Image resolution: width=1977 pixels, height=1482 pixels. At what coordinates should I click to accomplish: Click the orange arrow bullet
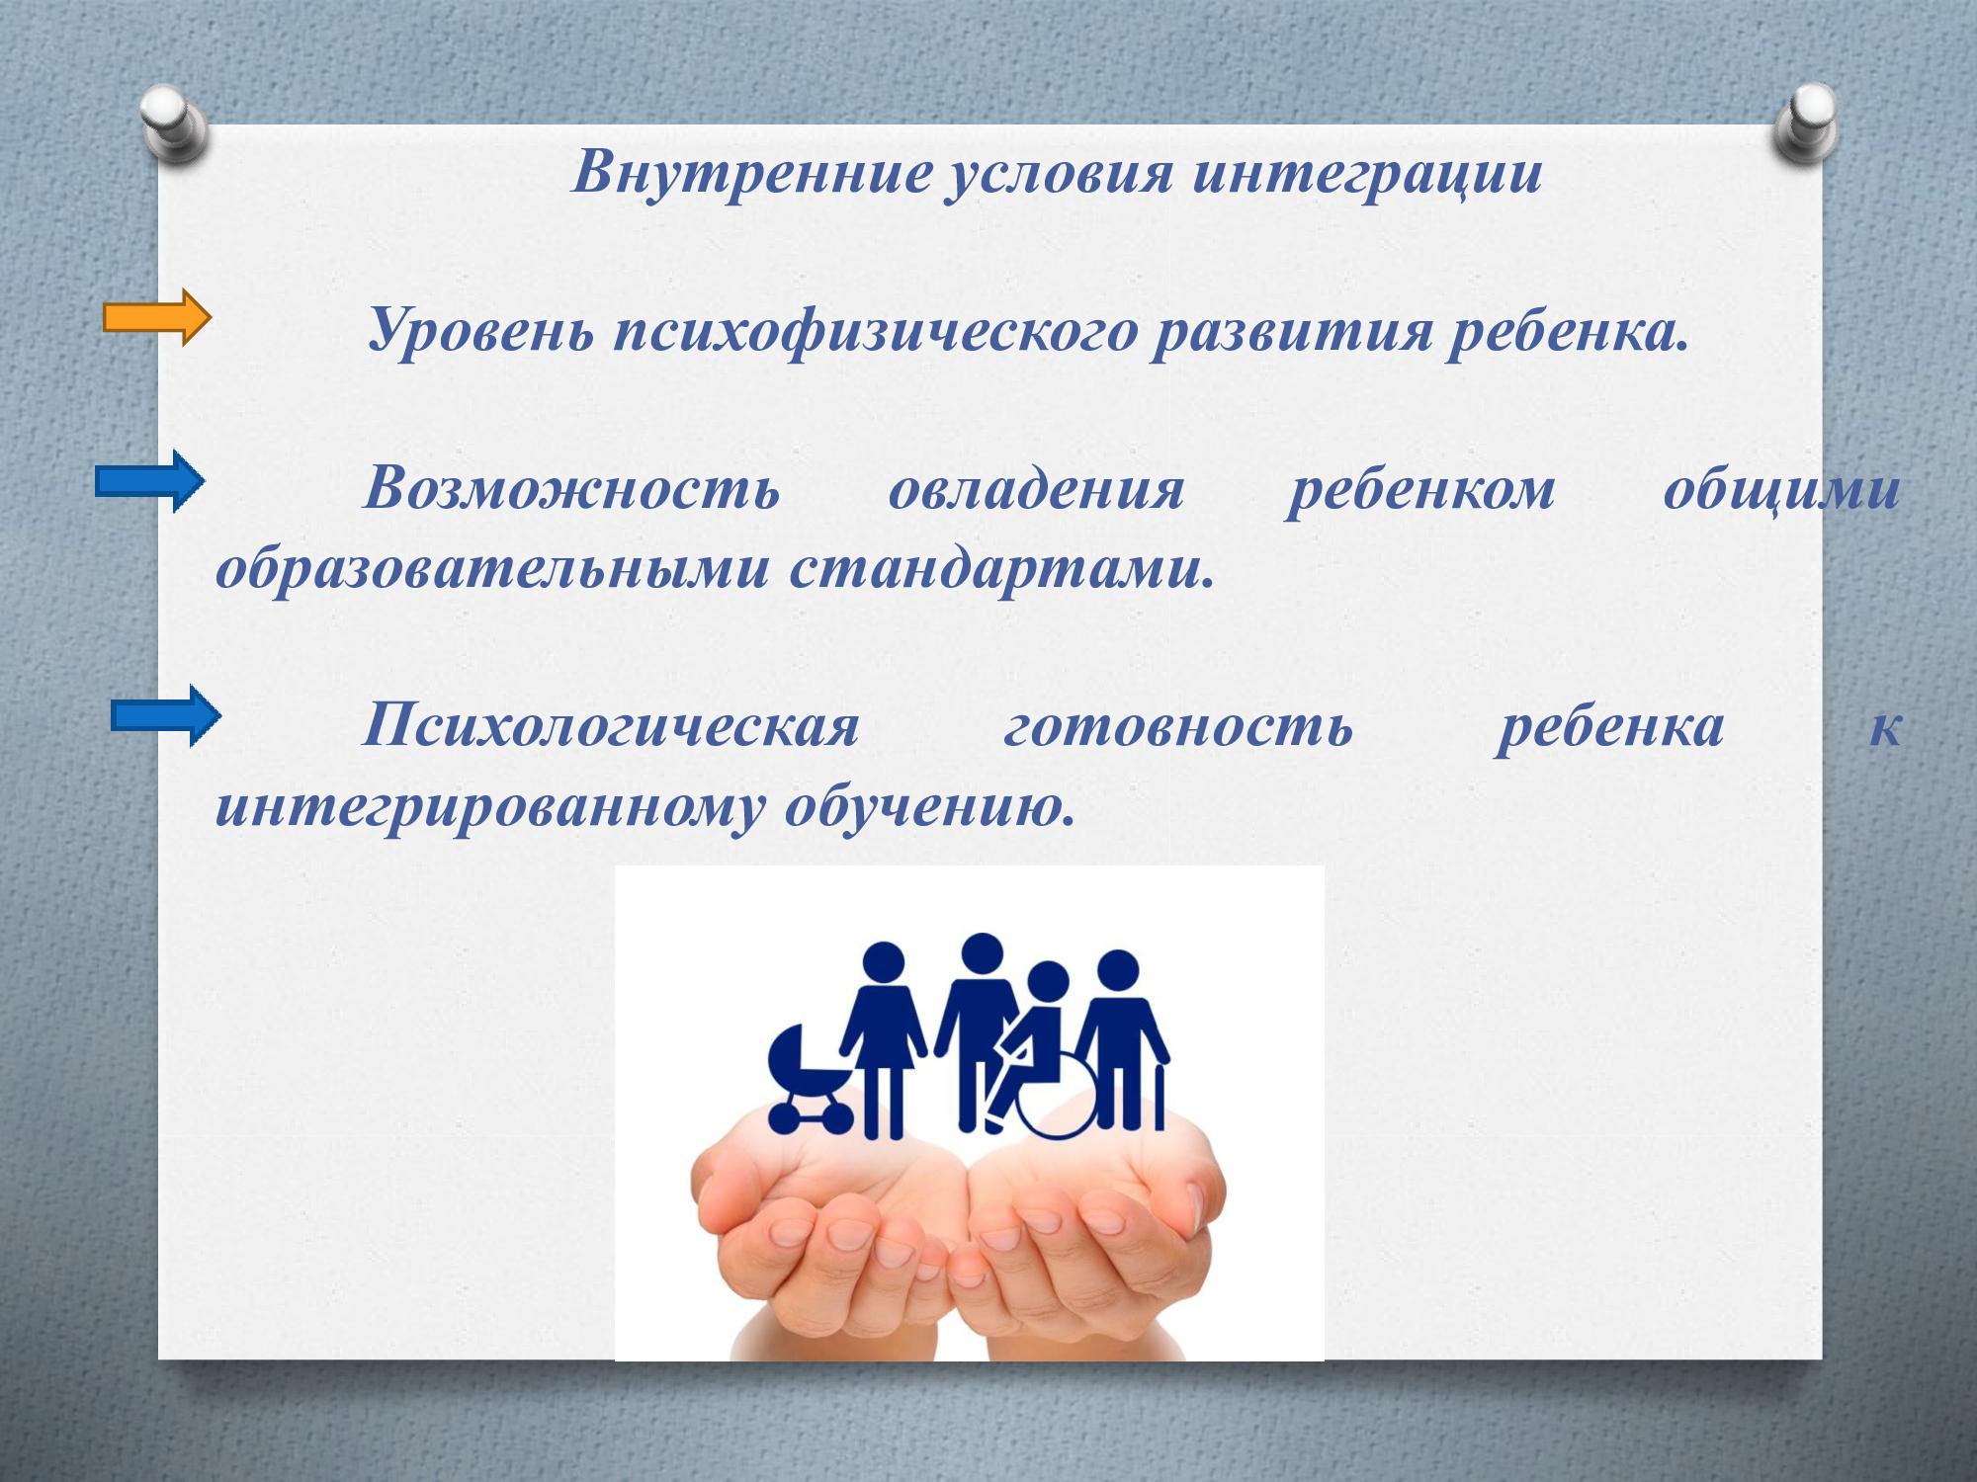point(157,317)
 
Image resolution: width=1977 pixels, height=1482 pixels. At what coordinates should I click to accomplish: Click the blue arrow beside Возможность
point(150,481)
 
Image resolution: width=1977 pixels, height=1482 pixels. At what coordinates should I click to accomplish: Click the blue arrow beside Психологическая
point(166,715)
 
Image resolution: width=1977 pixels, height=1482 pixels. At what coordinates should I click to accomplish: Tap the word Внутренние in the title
point(752,173)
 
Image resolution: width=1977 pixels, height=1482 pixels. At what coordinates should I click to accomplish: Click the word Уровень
point(479,331)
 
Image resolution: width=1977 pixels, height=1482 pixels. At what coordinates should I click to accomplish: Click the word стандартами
point(1001,569)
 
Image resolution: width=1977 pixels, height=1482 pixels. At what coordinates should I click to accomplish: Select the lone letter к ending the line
point(1884,727)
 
